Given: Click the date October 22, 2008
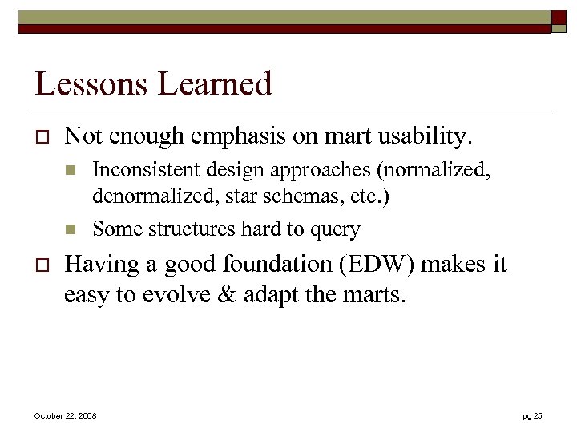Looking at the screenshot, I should [65, 415].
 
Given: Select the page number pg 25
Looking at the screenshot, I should [532, 415].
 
